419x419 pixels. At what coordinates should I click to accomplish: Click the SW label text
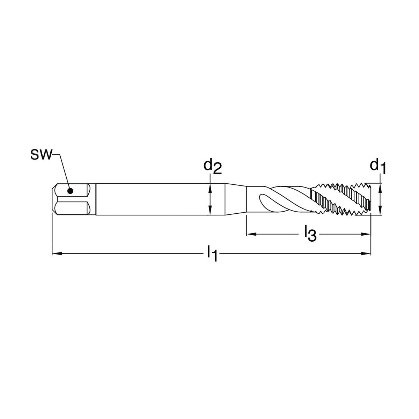(x=41, y=155)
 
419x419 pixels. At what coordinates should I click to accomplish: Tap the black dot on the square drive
(x=70, y=191)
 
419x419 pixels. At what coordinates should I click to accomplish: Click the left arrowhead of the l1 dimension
(x=57, y=253)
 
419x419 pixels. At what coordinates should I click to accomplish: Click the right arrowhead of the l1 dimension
(x=366, y=253)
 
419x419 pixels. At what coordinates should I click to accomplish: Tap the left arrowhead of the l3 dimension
(x=251, y=234)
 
